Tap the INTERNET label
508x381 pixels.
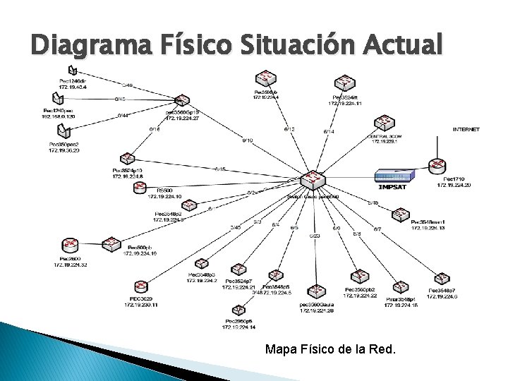click(x=466, y=130)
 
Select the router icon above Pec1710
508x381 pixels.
click(x=437, y=167)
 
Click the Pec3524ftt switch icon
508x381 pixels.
click(x=344, y=84)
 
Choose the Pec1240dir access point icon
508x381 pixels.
click(x=73, y=69)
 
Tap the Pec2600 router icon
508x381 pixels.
click(x=71, y=247)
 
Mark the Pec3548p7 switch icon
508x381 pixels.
click(x=442, y=279)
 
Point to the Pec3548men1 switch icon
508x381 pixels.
click(x=400, y=214)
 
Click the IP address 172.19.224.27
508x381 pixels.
click(x=182, y=119)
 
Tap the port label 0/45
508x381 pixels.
click(x=121, y=99)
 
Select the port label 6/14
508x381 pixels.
click(x=329, y=131)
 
